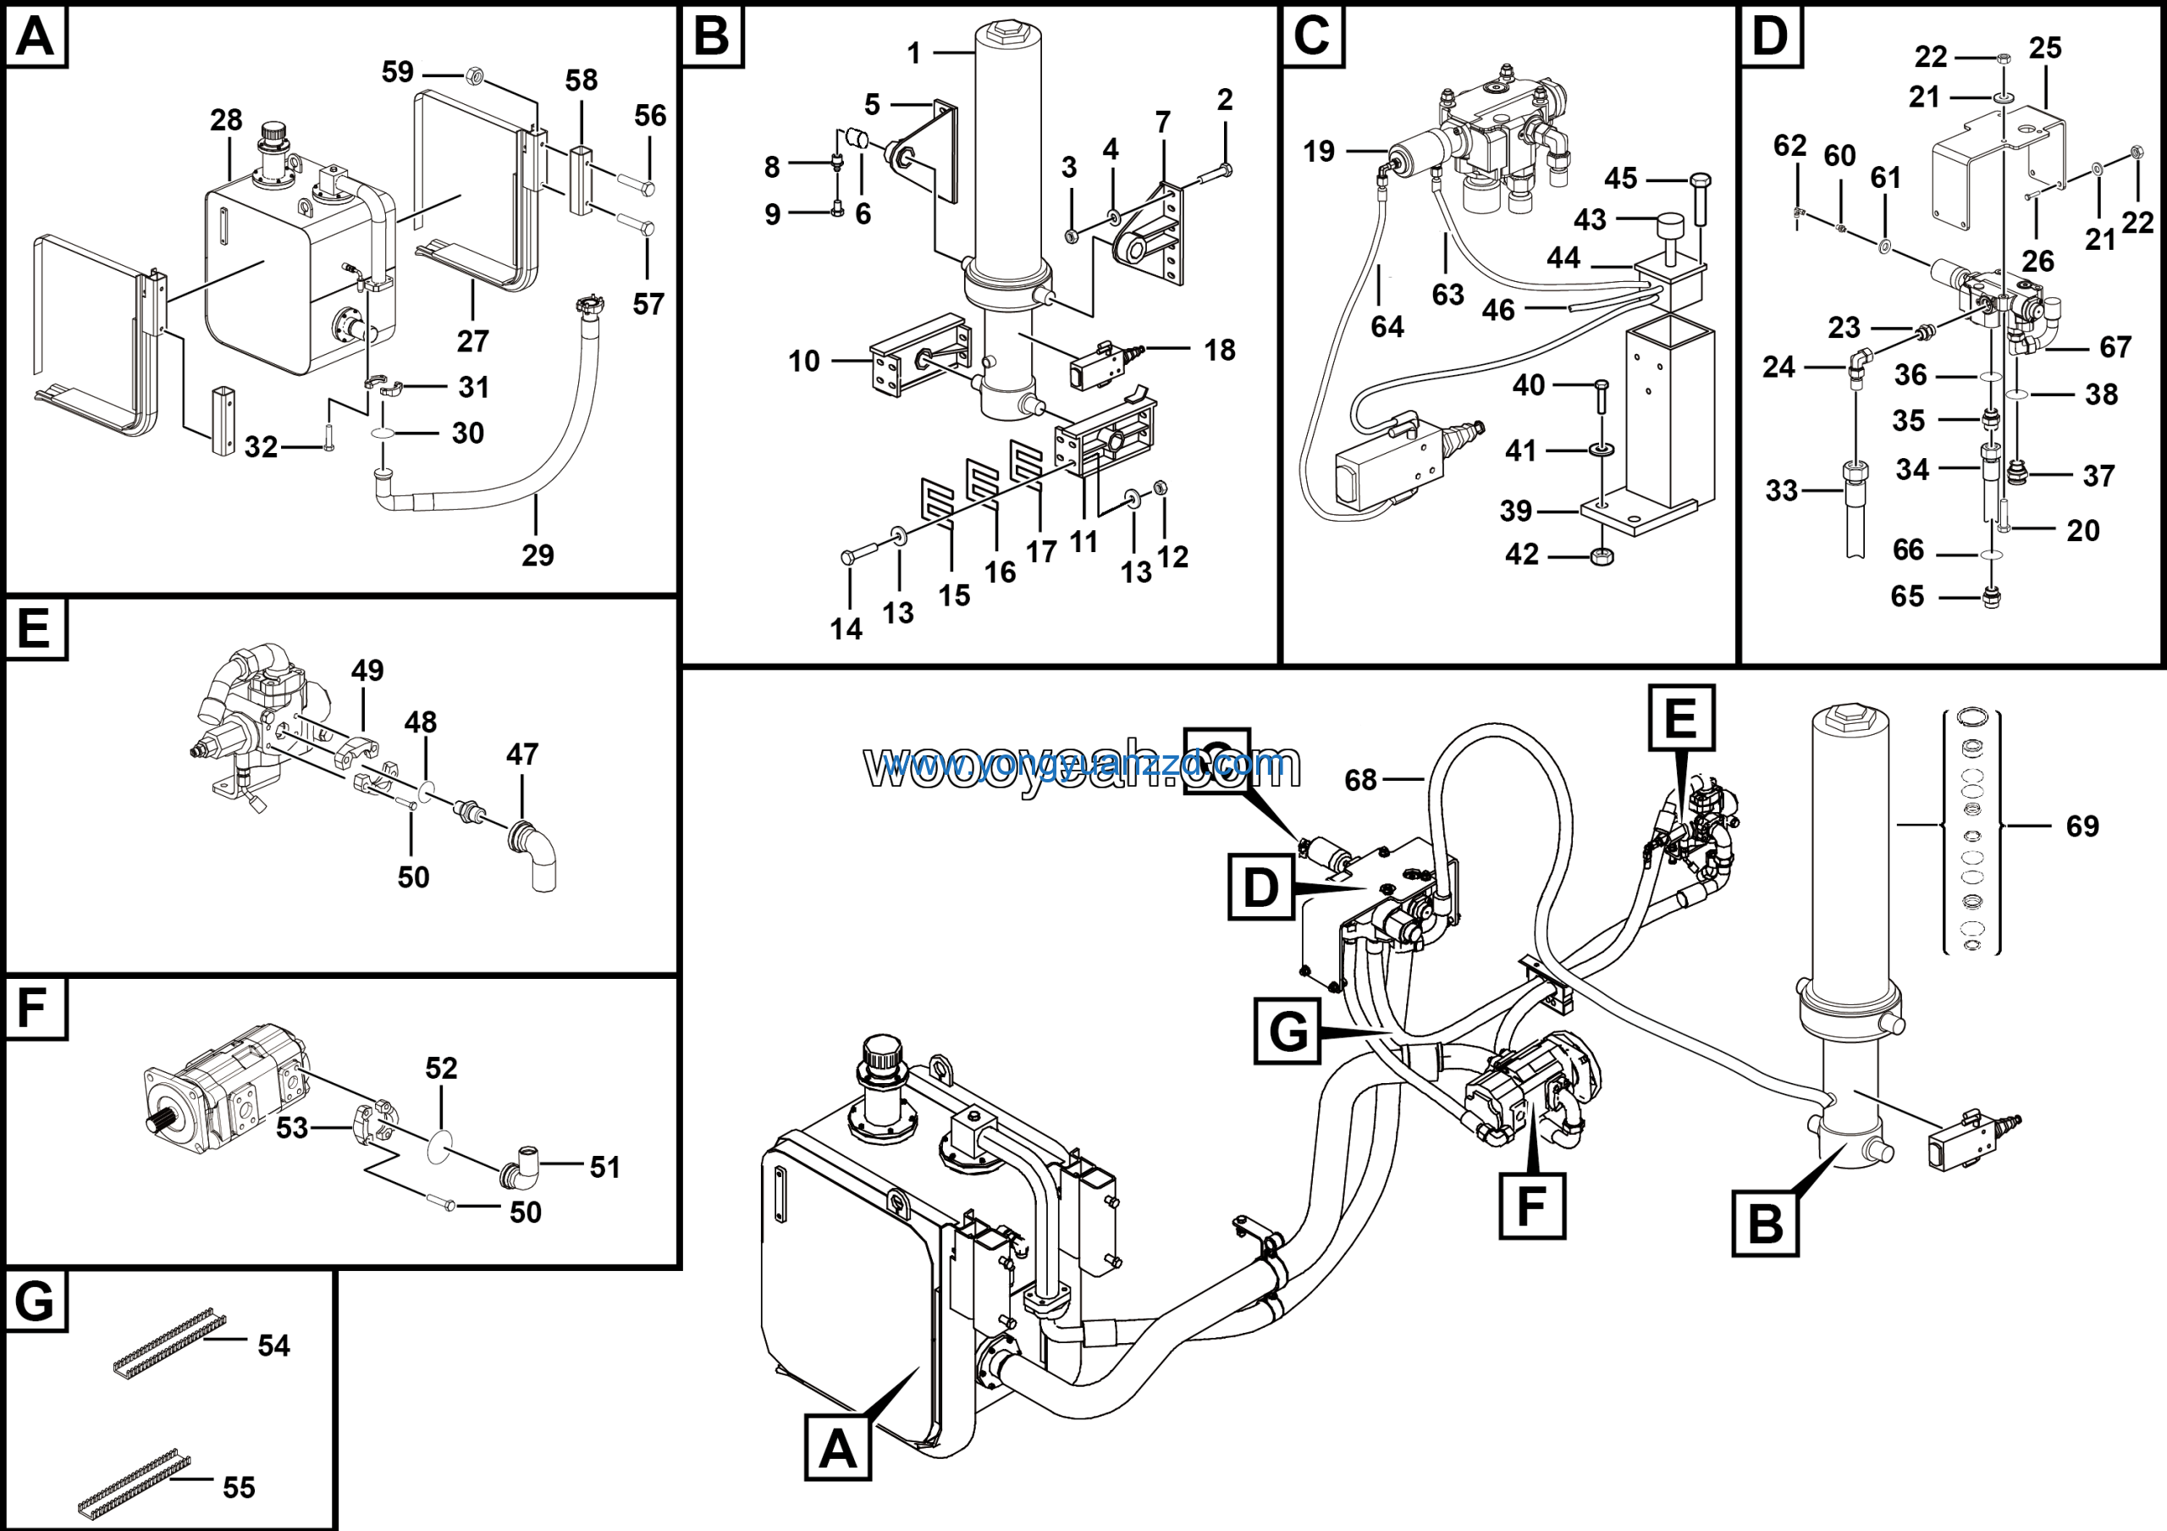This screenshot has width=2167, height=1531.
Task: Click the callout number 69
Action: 2082,826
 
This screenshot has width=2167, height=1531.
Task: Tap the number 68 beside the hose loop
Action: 1360,780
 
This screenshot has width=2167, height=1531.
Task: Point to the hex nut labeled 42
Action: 1602,556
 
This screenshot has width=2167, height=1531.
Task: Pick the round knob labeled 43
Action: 1668,228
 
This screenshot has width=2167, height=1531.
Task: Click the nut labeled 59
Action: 476,75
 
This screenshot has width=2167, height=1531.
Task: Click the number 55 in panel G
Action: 239,1488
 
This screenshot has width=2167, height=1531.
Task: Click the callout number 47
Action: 522,754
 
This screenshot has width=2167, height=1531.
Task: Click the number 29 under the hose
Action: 538,555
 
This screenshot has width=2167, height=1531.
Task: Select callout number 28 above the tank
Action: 227,120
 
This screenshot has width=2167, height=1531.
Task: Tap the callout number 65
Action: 1906,596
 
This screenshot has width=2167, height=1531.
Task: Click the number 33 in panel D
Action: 1781,491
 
